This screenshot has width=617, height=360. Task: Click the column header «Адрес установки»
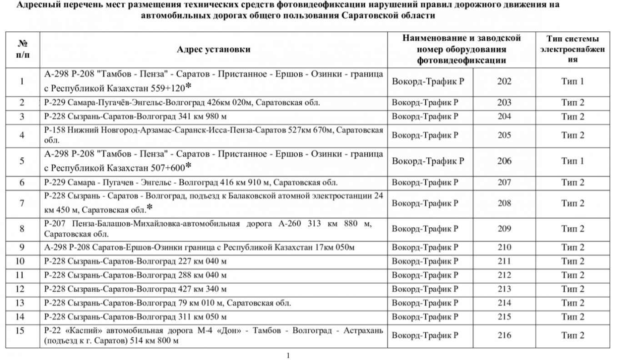pos(213,50)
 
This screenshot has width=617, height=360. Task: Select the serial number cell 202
pos(504,81)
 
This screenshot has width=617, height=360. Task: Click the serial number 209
pos(504,229)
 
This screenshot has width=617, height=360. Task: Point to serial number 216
pos(504,335)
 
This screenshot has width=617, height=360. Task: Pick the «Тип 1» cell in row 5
pos(572,161)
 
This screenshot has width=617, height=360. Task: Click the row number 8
pos(22,229)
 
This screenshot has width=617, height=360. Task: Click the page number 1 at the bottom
pos(288,355)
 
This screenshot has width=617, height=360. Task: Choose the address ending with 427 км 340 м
pos(135,289)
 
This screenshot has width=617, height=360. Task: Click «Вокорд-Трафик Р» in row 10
pos(425,261)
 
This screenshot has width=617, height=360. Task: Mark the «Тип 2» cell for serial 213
pos(572,289)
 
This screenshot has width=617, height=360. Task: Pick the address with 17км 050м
pos(199,247)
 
